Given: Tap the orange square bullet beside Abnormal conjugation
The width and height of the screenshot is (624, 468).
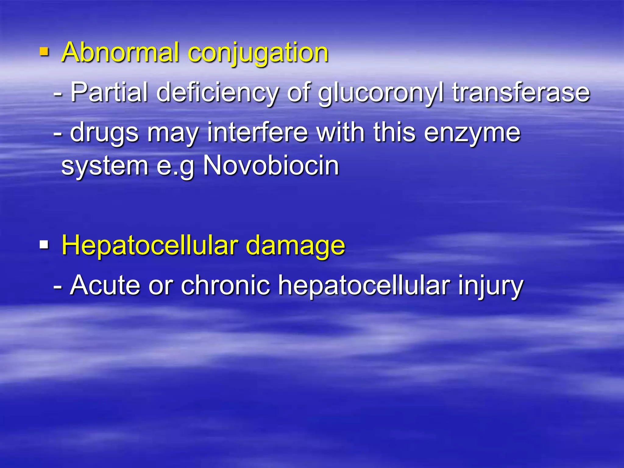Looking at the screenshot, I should (44, 52).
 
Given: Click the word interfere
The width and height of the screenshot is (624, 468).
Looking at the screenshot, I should (258, 132).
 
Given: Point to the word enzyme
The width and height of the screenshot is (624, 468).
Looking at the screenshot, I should (472, 133).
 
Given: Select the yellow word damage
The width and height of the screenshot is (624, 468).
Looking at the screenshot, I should (295, 246).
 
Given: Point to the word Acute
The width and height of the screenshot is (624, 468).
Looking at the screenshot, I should (105, 285).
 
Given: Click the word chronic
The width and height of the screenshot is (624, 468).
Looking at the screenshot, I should (225, 285).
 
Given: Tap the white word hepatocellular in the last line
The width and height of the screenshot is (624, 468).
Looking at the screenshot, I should (364, 286).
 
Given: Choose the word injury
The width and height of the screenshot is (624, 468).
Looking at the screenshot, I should (491, 286).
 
